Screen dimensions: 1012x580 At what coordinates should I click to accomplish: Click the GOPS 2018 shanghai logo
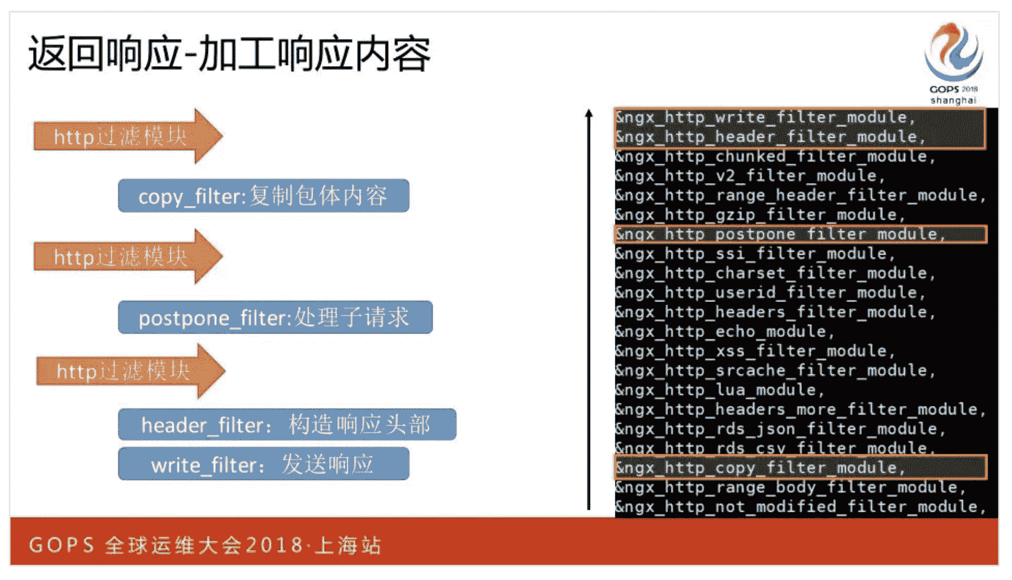953,63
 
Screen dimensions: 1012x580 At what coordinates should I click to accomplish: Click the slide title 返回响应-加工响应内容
230,54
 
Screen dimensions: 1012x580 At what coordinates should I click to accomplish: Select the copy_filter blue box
263,196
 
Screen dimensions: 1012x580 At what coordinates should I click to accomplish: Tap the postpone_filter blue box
275,317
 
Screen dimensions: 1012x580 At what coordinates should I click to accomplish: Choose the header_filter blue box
287,424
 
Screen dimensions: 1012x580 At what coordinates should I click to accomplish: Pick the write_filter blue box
263,464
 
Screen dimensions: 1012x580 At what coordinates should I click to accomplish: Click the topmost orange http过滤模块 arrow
128,136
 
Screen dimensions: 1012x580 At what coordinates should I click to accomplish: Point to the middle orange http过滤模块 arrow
128,256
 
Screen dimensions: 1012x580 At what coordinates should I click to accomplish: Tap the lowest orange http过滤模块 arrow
131,371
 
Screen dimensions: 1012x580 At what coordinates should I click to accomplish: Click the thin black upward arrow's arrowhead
589,113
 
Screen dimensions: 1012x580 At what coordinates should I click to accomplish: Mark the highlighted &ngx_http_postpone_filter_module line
781,234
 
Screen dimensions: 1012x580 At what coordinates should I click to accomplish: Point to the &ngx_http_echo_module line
725,331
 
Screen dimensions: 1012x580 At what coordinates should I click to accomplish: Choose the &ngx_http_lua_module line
719,390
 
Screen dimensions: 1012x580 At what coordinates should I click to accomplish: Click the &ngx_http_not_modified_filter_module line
801,507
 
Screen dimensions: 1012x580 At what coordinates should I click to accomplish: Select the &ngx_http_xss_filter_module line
755,351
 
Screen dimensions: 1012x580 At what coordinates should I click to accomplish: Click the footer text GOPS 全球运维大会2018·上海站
205,545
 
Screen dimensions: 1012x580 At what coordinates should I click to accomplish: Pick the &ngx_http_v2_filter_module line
750,176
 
